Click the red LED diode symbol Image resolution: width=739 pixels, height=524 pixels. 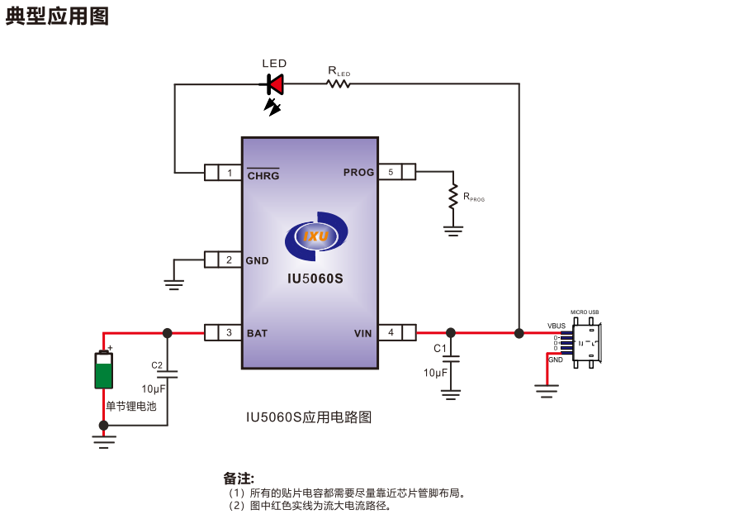pyautogui.click(x=275, y=83)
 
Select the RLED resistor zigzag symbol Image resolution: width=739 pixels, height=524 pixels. pyautogui.click(x=339, y=83)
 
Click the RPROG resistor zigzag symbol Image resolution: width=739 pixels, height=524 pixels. pyautogui.click(x=452, y=197)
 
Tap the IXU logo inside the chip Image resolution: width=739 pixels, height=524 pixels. pyautogui.click(x=316, y=236)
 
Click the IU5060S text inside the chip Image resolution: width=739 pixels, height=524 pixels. pyautogui.click(x=315, y=279)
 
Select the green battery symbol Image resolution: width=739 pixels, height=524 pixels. pyautogui.click(x=103, y=369)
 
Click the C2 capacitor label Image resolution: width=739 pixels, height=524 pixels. pyautogui.click(x=157, y=364)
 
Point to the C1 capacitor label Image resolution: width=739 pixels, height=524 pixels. pyautogui.click(x=440, y=349)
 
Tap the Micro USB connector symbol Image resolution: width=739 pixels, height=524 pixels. pyautogui.click(x=586, y=342)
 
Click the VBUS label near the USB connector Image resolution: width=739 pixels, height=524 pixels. pyautogui.click(x=557, y=326)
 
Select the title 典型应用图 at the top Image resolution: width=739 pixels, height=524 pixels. pyautogui.click(x=57, y=17)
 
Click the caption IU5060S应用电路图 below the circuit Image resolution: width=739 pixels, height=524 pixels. pyautogui.click(x=309, y=417)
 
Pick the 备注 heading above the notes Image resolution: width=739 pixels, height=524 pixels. pyautogui.click(x=239, y=478)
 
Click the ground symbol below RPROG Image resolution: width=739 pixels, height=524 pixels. pyautogui.click(x=452, y=231)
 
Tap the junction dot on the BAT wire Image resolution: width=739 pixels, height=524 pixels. pyautogui.click(x=168, y=333)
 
